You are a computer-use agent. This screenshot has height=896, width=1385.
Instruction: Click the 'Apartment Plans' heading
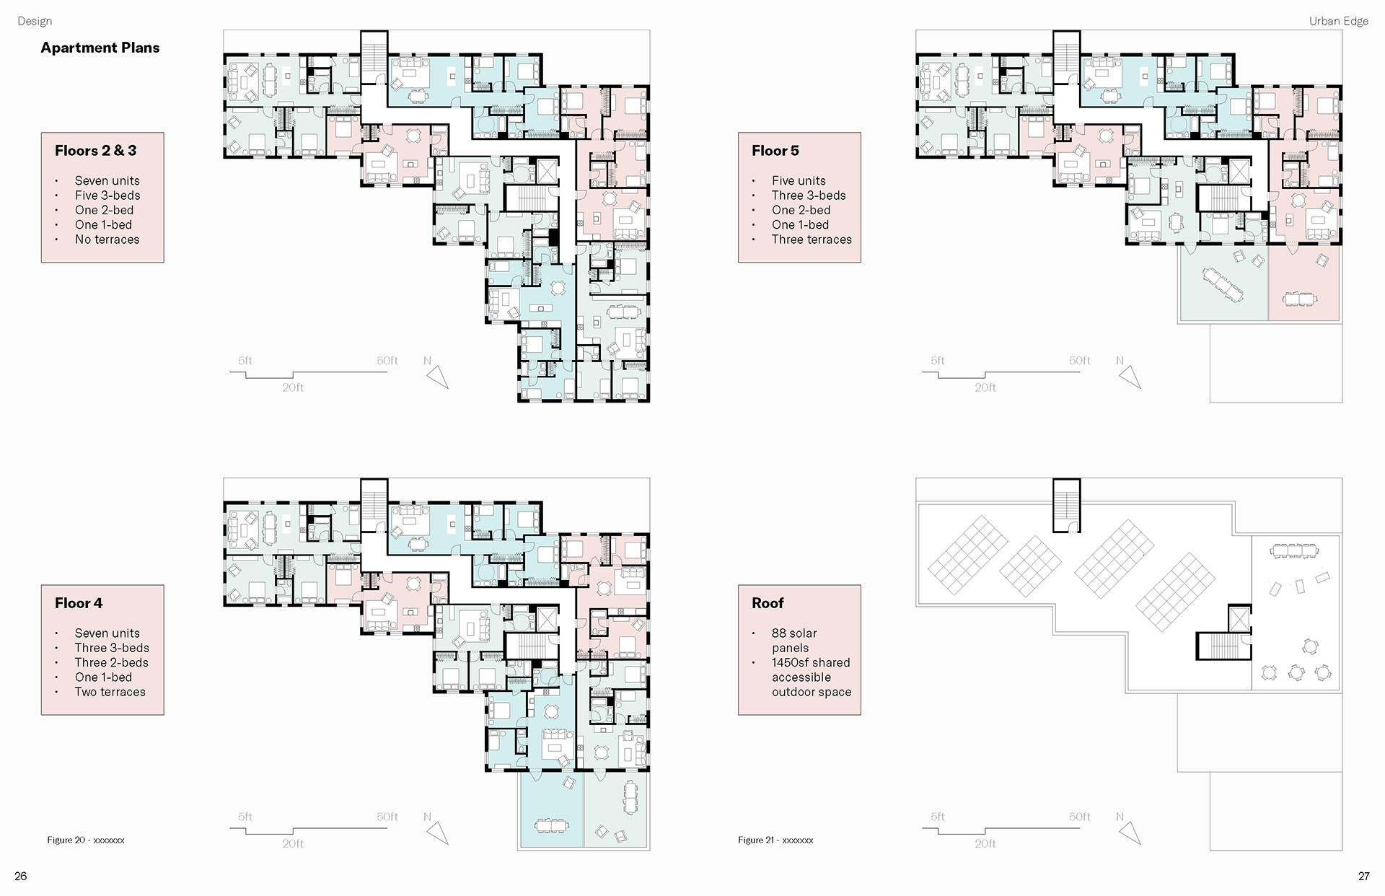click(100, 48)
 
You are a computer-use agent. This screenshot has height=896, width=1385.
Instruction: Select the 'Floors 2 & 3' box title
click(95, 151)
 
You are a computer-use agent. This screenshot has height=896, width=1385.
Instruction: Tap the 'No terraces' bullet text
click(107, 240)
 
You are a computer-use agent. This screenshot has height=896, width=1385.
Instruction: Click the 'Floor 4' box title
click(79, 603)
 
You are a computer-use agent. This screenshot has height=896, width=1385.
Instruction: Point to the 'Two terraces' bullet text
click(110, 692)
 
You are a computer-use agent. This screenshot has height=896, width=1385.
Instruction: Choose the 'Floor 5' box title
click(775, 151)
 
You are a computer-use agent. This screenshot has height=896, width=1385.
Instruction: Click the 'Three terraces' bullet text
click(812, 240)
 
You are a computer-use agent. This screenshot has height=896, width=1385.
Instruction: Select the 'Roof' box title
click(768, 603)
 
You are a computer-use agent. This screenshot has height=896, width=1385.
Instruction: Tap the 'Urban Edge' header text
click(1339, 21)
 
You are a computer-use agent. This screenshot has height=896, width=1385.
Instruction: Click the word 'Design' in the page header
click(35, 21)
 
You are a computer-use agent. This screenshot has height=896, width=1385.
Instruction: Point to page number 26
click(21, 877)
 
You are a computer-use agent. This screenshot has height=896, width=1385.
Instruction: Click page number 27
click(1363, 877)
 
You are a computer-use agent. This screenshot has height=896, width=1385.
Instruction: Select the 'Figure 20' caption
click(86, 840)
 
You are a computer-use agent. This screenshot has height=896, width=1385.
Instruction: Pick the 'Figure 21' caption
click(775, 840)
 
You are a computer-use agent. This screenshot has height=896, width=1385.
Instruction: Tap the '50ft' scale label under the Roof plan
click(1080, 817)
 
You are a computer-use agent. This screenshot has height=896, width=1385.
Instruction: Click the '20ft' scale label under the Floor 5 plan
click(985, 387)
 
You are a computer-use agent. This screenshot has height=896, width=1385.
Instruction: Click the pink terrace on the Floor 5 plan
click(1303, 284)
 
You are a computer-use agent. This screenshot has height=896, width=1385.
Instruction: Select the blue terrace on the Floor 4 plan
click(551, 809)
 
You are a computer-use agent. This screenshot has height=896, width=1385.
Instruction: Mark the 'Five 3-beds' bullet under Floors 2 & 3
click(107, 196)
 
